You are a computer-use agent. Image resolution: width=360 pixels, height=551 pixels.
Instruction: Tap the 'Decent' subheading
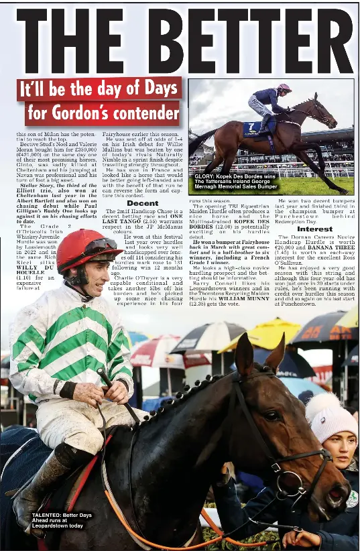[142, 202]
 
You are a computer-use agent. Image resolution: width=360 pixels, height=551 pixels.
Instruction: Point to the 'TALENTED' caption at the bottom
[58, 520]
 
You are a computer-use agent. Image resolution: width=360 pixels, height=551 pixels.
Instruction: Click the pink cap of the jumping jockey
[284, 88]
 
